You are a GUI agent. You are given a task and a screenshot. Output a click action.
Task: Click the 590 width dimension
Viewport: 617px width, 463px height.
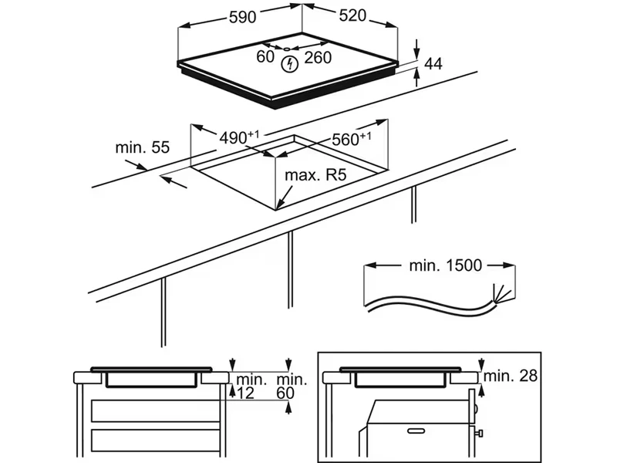(242, 17)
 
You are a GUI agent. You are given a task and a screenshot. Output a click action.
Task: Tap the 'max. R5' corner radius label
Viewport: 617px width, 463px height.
(315, 176)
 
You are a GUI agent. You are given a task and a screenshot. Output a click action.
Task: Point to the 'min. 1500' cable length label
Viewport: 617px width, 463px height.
(445, 266)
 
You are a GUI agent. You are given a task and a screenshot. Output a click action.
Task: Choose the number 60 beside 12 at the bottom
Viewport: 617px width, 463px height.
(287, 394)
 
